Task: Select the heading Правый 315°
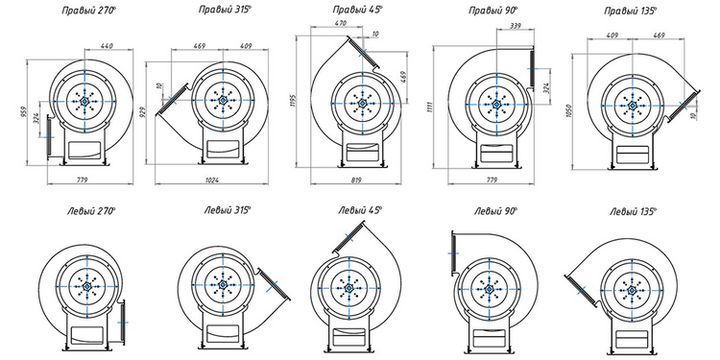(226, 10)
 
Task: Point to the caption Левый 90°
(496, 211)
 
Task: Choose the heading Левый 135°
(634, 212)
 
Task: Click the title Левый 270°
(91, 211)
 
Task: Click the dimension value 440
(107, 45)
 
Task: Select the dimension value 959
(23, 112)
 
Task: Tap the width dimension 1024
(212, 180)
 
